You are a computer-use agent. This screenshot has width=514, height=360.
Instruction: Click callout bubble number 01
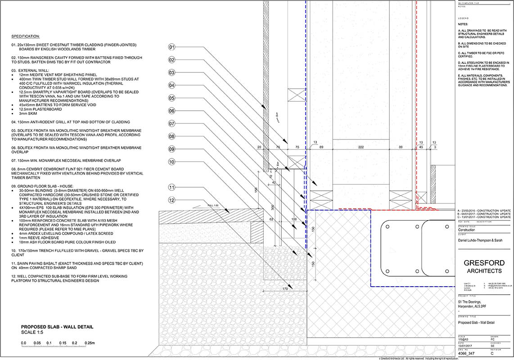coord(171,47)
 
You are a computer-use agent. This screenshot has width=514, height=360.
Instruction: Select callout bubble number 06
coord(171,111)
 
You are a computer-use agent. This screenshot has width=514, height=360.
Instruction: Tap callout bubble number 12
coord(171,200)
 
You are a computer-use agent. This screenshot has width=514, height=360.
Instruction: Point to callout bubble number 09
coord(171,149)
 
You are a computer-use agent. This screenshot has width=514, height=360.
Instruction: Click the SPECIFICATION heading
coord(26,36)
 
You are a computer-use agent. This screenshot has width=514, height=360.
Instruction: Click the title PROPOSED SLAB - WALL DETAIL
coord(57,327)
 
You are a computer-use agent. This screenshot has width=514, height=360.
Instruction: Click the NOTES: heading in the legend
coord(463,24)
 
